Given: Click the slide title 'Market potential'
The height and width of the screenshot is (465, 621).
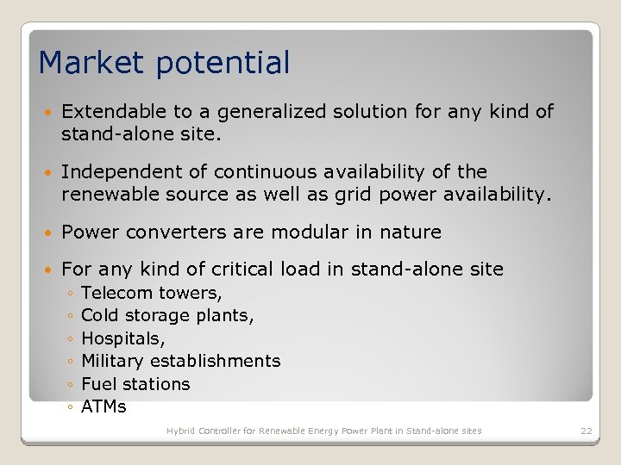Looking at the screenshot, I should pos(164,63).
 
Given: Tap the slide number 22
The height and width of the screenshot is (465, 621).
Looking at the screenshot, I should pos(586,431).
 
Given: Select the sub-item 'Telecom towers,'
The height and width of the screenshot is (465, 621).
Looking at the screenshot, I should pos(151,294).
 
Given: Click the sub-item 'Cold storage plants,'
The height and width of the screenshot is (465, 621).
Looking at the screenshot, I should pos(167,316).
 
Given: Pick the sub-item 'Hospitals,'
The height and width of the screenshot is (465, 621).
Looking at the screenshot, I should pos(122,338).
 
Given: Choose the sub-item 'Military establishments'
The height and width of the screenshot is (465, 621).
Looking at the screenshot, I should pos(180,361).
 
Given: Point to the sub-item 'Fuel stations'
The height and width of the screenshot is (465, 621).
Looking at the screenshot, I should pos(135,383).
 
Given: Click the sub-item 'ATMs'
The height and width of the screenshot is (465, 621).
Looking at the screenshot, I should pos(103,406).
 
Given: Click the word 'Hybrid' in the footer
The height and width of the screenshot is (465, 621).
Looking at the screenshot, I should pos(181,431).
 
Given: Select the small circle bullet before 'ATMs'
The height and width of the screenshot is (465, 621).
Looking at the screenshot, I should pos(70,407).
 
